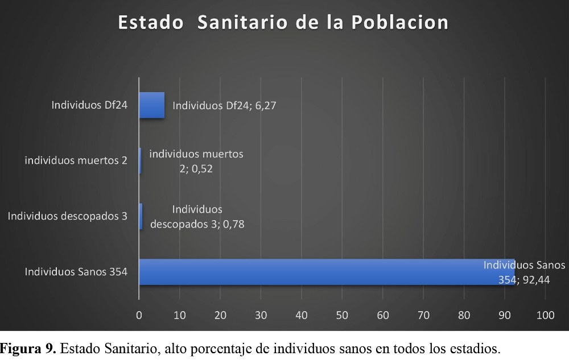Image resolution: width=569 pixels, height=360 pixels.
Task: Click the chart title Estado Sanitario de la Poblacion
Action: [x=283, y=22]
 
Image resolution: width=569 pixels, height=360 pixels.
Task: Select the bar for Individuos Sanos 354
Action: [x=327, y=272]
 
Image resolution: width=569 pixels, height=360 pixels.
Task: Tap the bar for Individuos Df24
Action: [x=152, y=105]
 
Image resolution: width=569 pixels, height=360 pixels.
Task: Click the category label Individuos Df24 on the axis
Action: [x=89, y=105]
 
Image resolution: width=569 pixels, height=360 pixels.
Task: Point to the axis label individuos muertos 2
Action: [x=76, y=160]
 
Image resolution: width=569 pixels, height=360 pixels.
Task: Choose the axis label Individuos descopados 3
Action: [x=67, y=216]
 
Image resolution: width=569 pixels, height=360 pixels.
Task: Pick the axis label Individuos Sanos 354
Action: [x=76, y=272]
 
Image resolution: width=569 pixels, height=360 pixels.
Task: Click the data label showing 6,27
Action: [x=224, y=105]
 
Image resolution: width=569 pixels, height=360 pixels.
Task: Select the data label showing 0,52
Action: [x=196, y=161]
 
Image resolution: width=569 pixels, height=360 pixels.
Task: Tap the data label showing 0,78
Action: [x=197, y=217]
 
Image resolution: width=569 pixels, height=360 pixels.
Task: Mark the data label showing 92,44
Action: [x=524, y=272]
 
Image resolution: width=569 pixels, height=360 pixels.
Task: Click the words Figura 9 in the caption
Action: [x=28, y=348]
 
